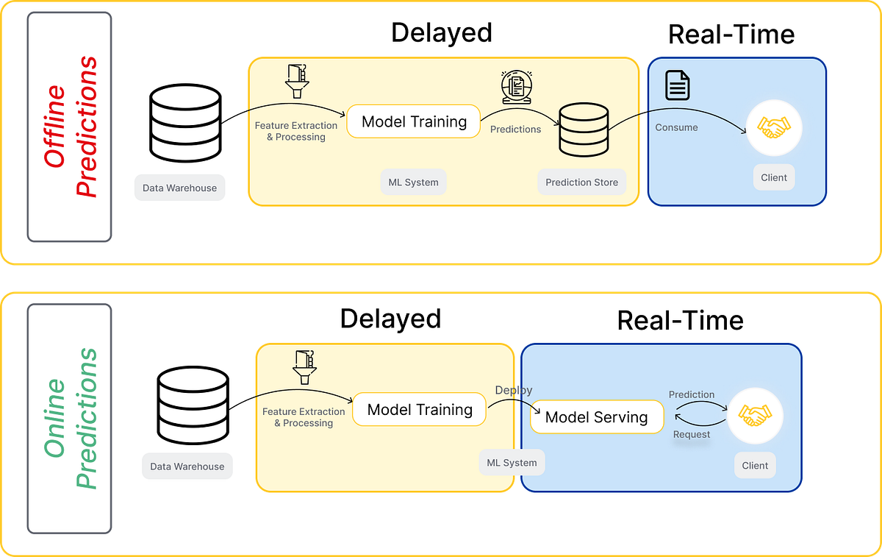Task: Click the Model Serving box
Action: click(596, 418)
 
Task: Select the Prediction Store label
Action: click(581, 182)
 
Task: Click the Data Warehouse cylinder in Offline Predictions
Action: click(184, 122)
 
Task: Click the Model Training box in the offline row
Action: click(414, 121)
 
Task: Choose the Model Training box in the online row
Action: click(419, 410)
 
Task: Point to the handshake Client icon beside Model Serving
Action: click(754, 416)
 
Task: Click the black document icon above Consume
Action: click(678, 85)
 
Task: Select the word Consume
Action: click(676, 127)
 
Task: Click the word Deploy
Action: click(514, 390)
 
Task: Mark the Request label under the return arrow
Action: click(692, 434)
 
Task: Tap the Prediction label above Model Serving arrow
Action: click(691, 394)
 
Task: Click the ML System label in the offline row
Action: click(413, 182)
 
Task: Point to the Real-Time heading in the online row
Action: click(680, 320)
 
